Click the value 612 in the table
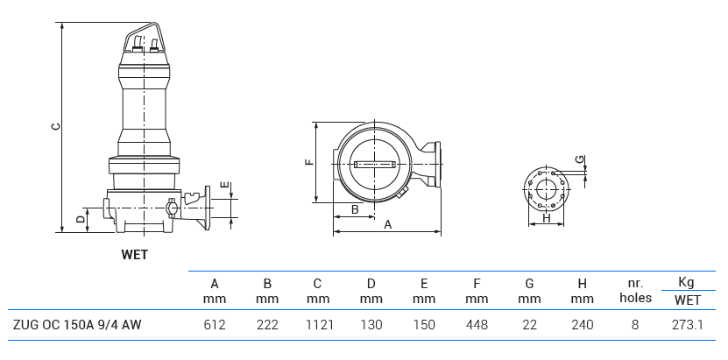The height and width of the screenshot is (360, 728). click(215, 325)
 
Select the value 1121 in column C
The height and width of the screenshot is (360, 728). click(318, 325)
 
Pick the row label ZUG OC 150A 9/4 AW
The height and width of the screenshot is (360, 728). click(77, 325)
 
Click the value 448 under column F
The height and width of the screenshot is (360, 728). click(477, 325)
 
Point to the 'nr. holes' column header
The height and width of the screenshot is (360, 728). click(635, 291)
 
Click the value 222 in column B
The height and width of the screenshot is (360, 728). click(267, 325)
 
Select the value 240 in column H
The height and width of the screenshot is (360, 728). click(582, 325)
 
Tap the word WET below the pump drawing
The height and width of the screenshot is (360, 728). click(134, 255)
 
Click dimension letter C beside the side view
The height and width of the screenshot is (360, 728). click(55, 127)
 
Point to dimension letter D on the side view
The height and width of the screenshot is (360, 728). click(80, 218)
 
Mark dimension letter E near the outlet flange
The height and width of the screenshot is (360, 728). click(225, 186)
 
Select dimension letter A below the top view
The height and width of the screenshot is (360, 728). click(387, 224)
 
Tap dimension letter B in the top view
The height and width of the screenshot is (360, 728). click(355, 209)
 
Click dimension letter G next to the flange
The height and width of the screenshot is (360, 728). click(579, 159)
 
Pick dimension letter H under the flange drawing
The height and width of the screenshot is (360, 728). click(547, 218)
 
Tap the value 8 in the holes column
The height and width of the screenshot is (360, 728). click(635, 325)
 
